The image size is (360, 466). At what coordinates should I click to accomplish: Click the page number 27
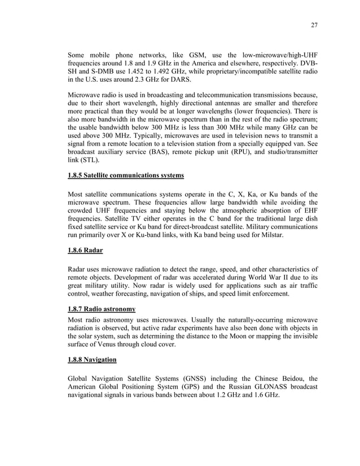[314, 25]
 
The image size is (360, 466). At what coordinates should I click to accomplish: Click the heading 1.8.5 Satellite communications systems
[125, 175]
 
